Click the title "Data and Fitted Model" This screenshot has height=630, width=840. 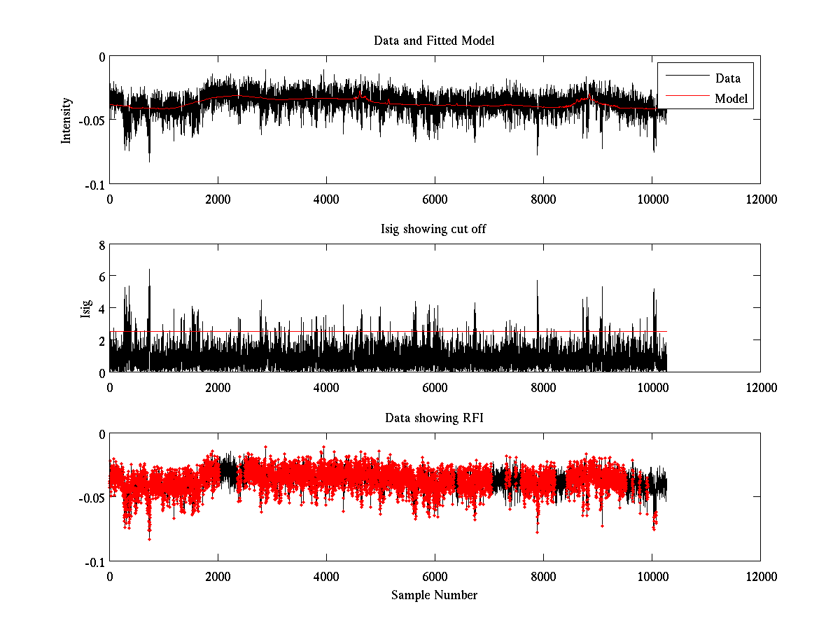coord(434,41)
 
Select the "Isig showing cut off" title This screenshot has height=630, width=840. coord(434,230)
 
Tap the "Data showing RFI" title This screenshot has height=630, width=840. coord(434,418)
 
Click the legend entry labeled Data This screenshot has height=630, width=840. coord(727,78)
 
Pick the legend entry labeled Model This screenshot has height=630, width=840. coord(731,99)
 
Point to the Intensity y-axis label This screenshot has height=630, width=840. coord(66,120)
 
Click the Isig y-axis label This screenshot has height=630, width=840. coord(85,309)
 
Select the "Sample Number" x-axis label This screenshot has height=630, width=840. coord(434,595)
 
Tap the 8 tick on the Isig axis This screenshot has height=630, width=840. coord(101,245)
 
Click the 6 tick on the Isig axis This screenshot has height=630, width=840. coord(101,276)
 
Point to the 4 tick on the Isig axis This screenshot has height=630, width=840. coord(101,308)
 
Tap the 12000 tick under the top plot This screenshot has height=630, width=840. coord(760,199)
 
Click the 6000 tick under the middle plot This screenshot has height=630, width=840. coord(435,387)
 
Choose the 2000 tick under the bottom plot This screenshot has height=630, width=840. coord(218,576)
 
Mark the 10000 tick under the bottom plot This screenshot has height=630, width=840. coord(652,576)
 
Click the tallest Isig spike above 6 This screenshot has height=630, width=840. coord(149,270)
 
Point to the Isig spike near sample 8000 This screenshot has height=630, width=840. coord(538,282)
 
